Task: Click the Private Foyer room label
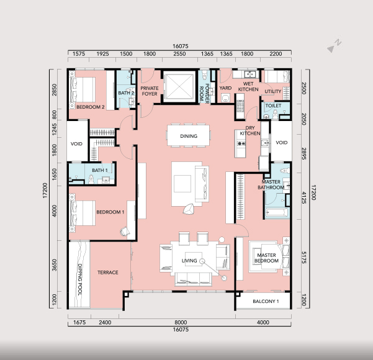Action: pyautogui.click(x=150, y=91)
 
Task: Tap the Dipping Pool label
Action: pyautogui.click(x=80, y=279)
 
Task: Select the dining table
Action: pyautogui.click(x=189, y=135)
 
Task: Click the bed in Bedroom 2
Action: pyautogui.click(x=83, y=90)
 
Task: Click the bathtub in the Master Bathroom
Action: pyautogui.click(x=277, y=213)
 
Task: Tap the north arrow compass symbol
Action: pyautogui.click(x=335, y=45)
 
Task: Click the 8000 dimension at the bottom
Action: pyautogui.click(x=181, y=322)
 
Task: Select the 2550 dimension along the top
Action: pyautogui.click(x=179, y=54)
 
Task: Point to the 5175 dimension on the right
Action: pyautogui.click(x=303, y=258)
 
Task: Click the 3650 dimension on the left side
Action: pyautogui.click(x=55, y=265)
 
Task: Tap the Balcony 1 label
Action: pyautogui.click(x=266, y=301)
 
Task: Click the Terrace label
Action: pyautogui.click(x=108, y=272)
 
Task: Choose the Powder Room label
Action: pyautogui.click(x=204, y=94)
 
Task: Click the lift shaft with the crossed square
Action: pyautogui.click(x=179, y=86)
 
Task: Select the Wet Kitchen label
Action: pyautogui.click(x=248, y=87)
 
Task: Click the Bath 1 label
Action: pyautogui.click(x=100, y=170)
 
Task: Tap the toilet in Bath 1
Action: pyautogui.click(x=91, y=179)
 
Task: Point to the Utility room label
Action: pyautogui.click(x=273, y=91)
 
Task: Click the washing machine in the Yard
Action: pyautogui.click(x=225, y=98)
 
